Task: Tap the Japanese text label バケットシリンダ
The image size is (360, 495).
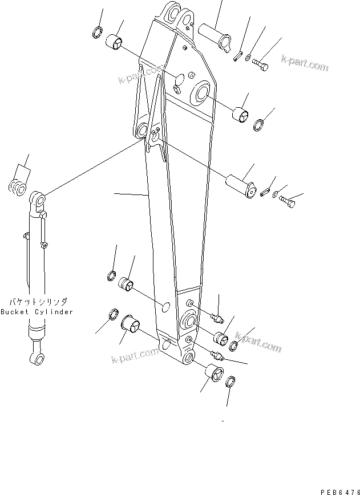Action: [x=37, y=302]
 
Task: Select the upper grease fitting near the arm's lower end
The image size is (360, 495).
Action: [x=218, y=315]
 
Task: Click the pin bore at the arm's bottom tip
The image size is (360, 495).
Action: [x=189, y=359]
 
